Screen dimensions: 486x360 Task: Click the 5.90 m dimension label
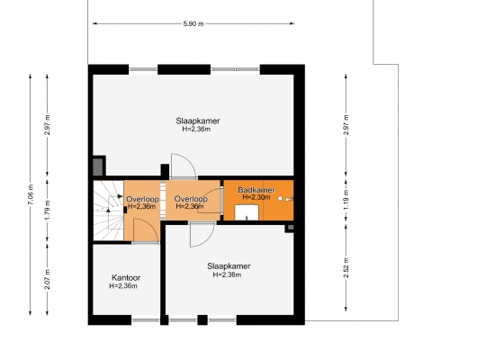point(193,24)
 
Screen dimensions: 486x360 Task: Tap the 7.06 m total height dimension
point(31,194)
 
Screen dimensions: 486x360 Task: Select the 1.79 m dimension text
point(47,211)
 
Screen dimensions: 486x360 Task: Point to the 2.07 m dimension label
point(47,279)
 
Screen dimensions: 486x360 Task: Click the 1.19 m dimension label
point(346,200)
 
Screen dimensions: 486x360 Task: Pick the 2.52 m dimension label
point(346,268)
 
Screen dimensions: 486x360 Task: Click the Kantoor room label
point(126,278)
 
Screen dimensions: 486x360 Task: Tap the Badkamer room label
point(256,190)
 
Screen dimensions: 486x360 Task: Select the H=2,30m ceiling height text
point(256,197)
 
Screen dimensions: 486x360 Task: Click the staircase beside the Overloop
point(109,211)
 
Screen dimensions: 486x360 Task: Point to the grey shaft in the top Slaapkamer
point(99,166)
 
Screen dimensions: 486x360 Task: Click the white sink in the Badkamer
point(247,212)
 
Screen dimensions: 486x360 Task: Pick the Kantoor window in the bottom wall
point(146,319)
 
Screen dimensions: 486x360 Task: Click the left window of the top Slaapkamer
point(143,69)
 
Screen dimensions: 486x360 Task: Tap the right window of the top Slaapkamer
point(235,69)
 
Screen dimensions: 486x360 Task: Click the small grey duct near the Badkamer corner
point(291,228)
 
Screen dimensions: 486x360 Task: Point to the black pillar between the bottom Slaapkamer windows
point(202,319)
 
